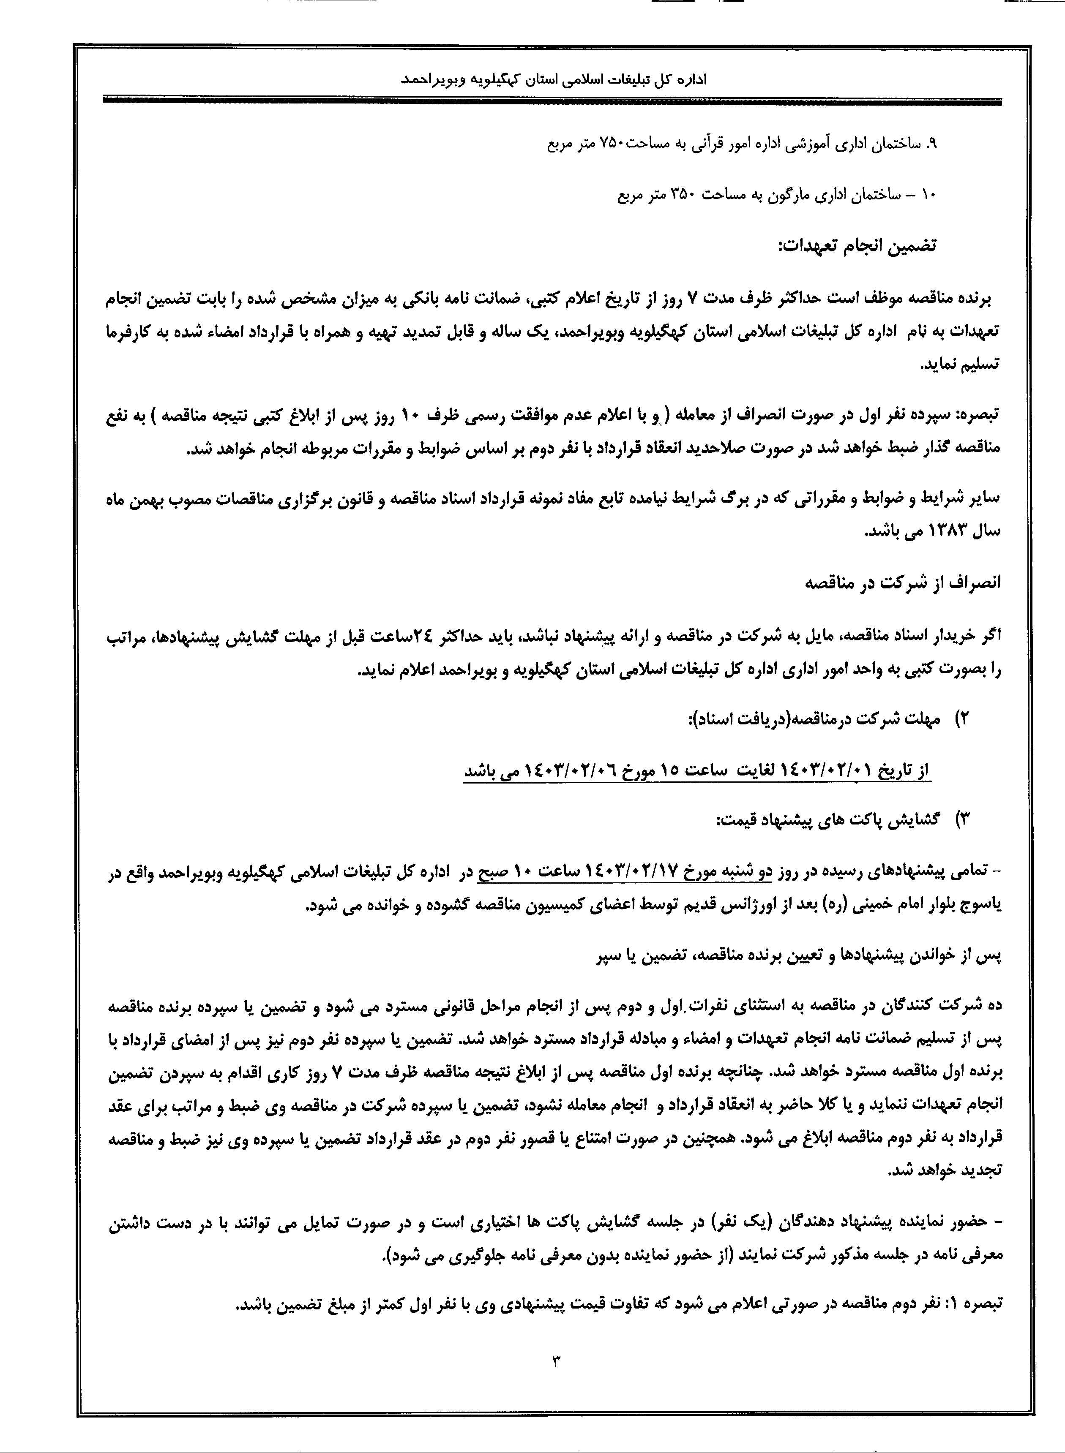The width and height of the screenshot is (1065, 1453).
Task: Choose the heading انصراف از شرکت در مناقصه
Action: click(903, 584)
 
